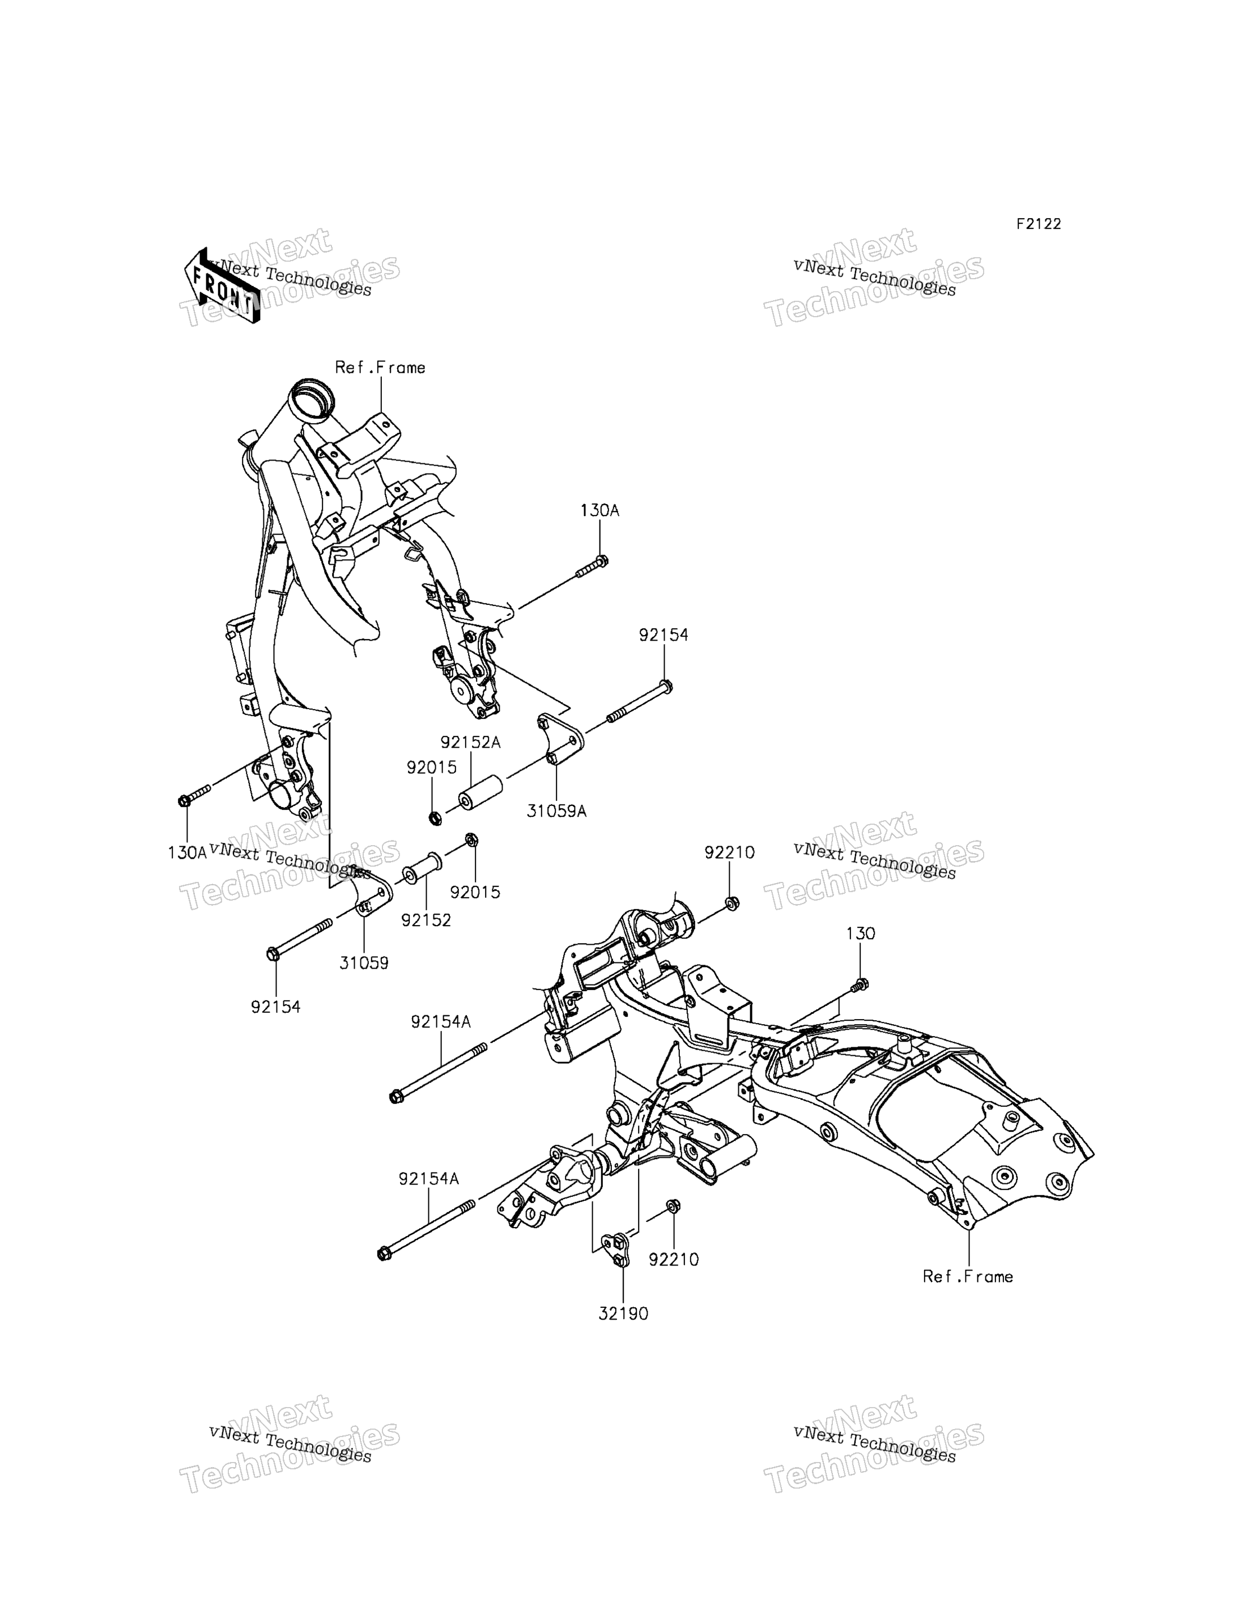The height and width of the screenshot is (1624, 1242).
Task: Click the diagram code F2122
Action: pos(1038,224)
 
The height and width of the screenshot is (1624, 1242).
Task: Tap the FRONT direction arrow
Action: pos(222,285)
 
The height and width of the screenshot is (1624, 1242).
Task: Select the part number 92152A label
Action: pos(470,742)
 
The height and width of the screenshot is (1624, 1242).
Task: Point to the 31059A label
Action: pos(556,811)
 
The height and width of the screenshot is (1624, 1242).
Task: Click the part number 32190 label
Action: pos(623,1314)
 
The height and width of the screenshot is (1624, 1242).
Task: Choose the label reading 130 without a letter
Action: pos(861,934)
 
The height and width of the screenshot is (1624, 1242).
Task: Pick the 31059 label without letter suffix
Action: pos(364,963)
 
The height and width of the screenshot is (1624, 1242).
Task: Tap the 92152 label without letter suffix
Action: pos(426,920)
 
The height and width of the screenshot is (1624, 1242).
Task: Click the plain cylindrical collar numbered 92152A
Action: pos(480,792)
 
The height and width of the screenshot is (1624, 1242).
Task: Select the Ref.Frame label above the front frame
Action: pos(380,368)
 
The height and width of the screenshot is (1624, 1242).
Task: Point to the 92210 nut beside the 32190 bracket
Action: pos(673,1207)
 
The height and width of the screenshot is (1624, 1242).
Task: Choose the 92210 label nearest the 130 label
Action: pos(730,853)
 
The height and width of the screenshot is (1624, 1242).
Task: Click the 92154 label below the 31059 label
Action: pos(276,1007)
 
